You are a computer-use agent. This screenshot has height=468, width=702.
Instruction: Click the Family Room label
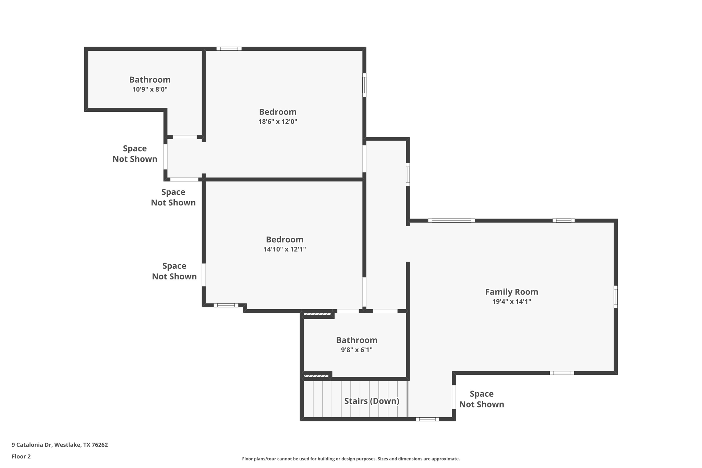511,292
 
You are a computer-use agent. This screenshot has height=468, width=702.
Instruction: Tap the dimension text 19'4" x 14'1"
511,302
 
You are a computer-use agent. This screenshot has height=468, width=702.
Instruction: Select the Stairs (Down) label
372,401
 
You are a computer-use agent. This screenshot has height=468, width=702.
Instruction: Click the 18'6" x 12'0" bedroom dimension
278,122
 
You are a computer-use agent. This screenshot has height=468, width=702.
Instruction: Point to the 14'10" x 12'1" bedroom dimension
285,249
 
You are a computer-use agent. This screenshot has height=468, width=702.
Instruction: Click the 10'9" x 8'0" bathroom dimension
150,89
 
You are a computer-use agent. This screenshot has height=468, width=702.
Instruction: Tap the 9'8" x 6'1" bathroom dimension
356,350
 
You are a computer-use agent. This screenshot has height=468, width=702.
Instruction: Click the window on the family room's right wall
616,297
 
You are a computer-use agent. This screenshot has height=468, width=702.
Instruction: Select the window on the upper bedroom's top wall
229,49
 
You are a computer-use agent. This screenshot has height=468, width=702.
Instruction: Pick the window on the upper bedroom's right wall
364,85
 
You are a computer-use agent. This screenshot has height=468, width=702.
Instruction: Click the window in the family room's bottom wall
561,373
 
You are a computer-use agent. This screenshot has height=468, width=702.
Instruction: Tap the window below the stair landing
427,419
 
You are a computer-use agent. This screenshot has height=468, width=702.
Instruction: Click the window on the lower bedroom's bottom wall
226,305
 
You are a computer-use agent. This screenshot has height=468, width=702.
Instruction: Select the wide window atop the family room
451,220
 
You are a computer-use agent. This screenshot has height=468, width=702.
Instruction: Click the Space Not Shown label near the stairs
481,399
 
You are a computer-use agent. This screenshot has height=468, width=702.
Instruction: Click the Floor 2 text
21,456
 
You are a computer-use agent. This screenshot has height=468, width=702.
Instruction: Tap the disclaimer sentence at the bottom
351,459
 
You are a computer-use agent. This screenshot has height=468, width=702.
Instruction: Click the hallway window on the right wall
408,175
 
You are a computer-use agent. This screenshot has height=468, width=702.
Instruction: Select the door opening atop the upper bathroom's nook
185,137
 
